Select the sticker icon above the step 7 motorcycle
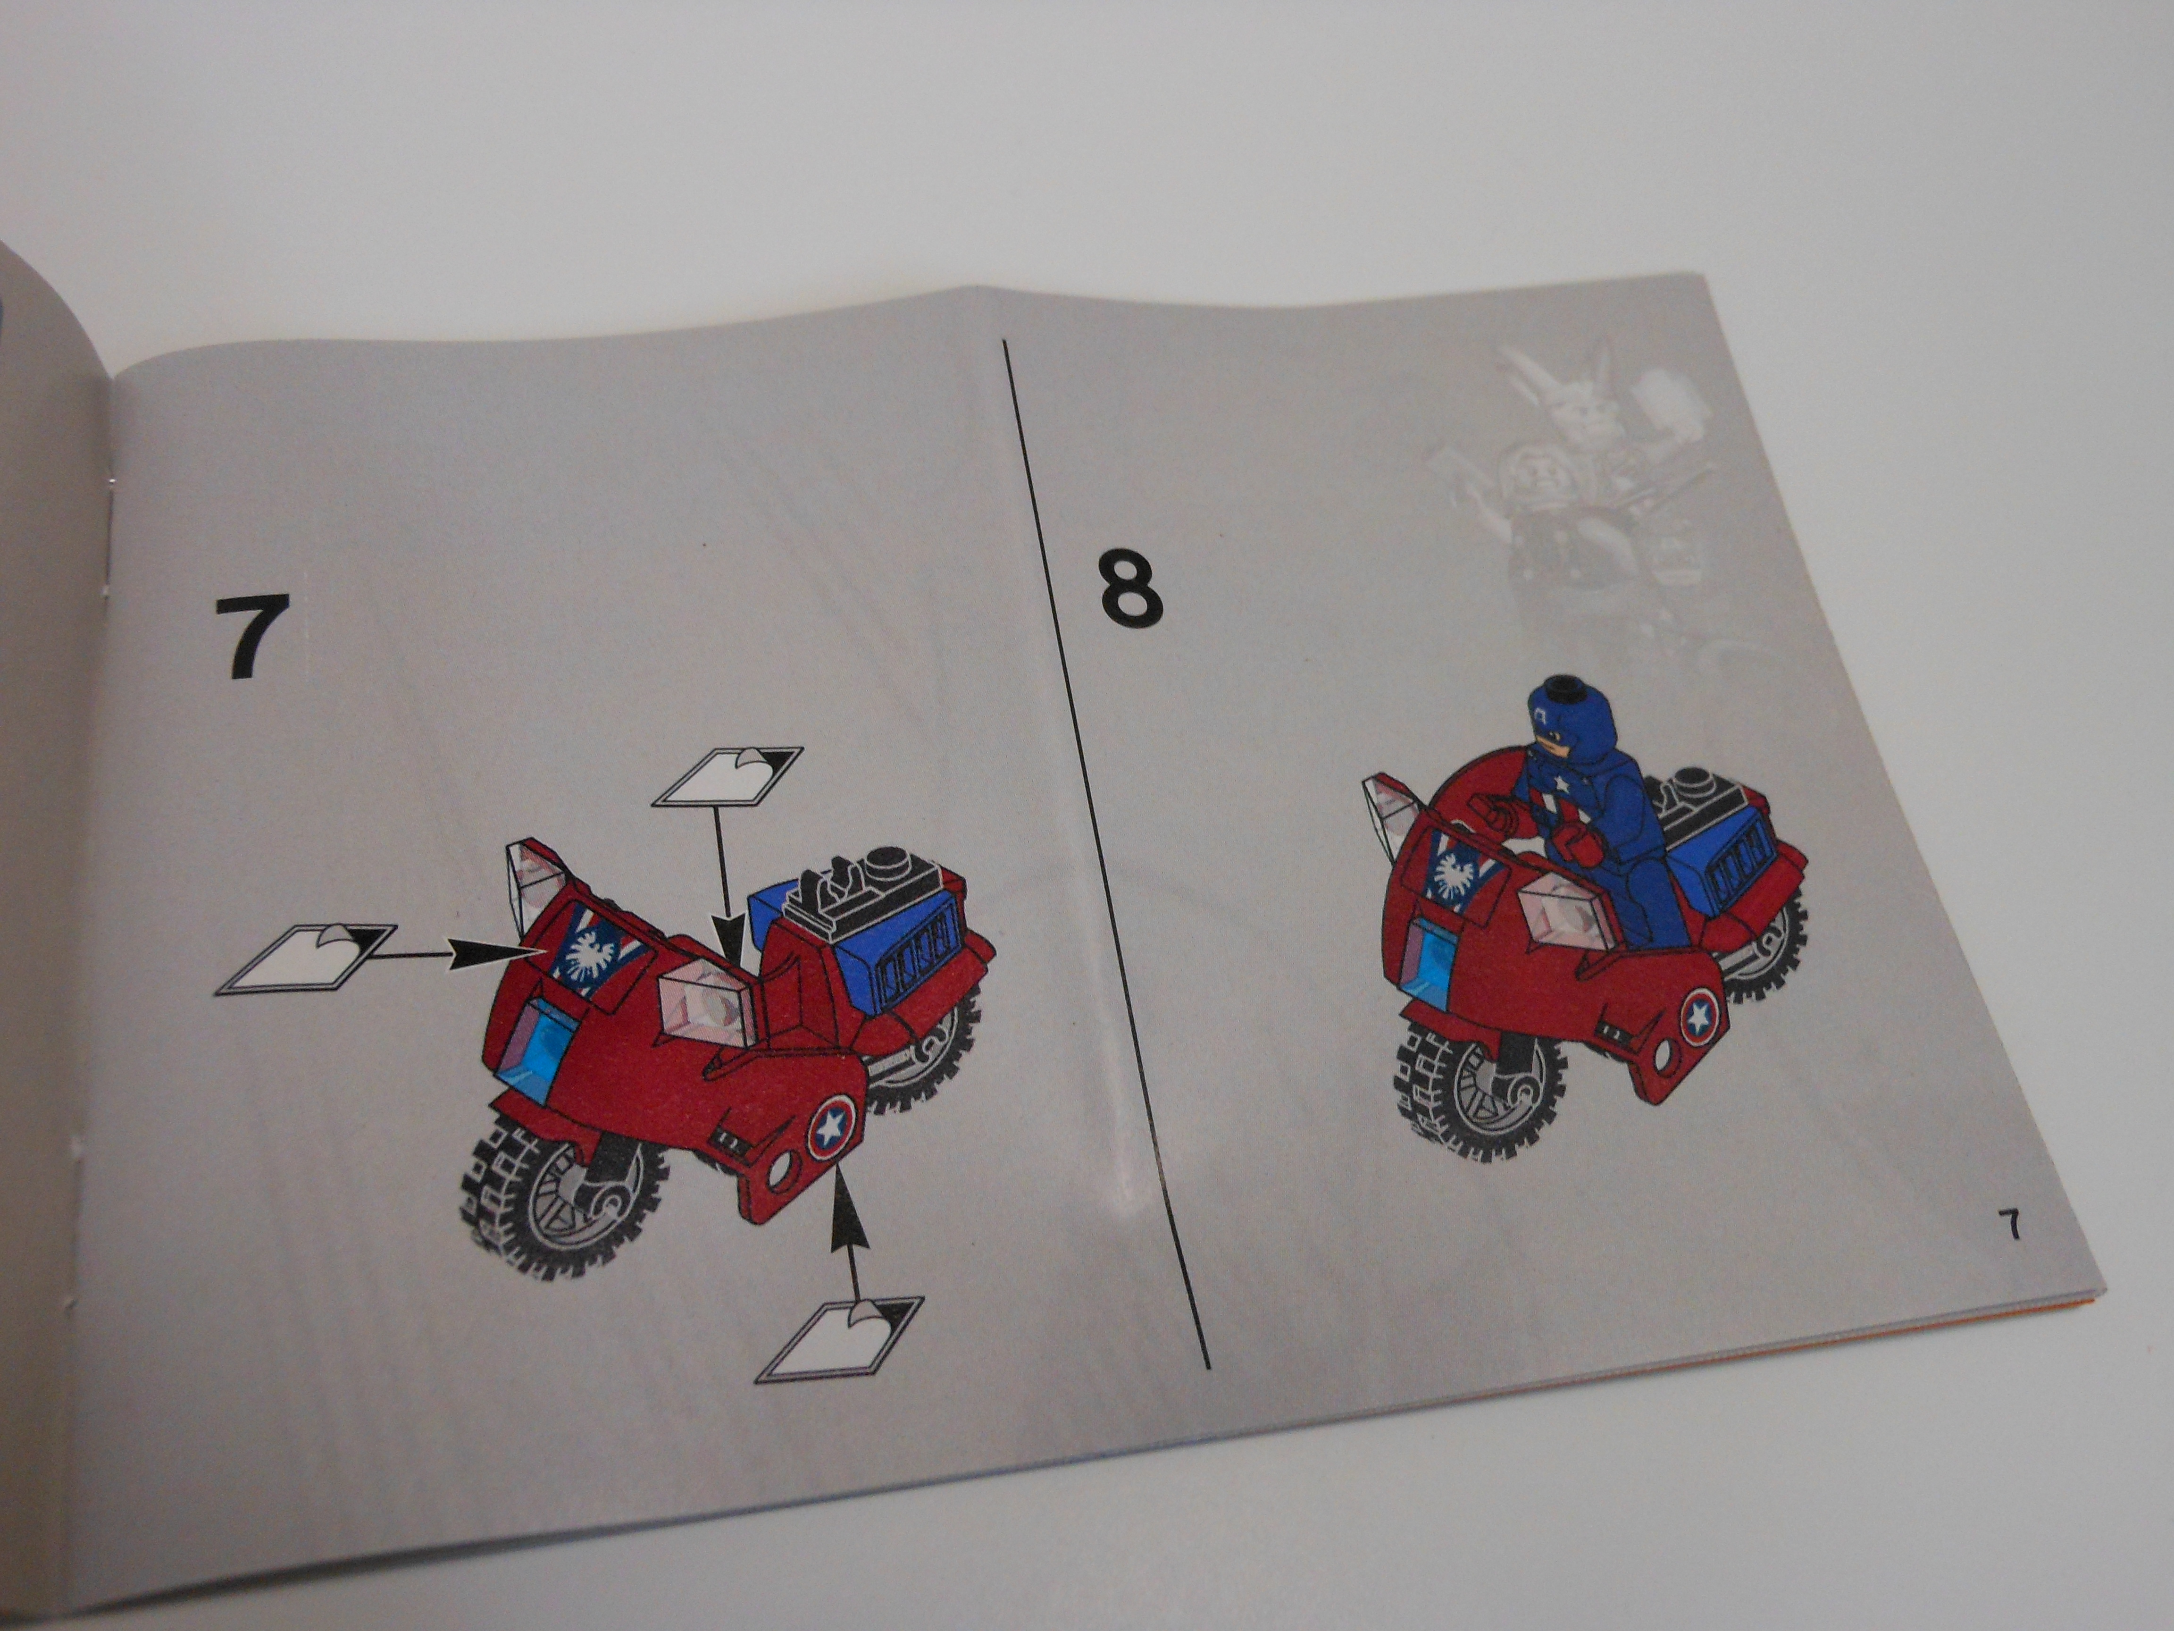pos(727,777)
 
